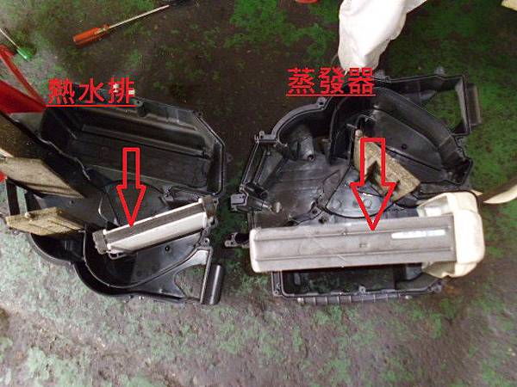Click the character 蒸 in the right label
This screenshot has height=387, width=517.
pos(301,81)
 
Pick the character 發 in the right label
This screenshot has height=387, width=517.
pos(331,81)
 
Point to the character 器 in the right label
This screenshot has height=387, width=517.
pos(360,81)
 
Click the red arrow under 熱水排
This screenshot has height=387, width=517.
pos(131,187)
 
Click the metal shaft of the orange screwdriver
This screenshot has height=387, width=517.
pos(139,15)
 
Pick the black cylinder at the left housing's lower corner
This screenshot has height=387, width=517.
pos(214,283)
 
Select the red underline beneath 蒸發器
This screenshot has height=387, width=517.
pos(331,95)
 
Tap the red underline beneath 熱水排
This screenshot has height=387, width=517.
pos(91,106)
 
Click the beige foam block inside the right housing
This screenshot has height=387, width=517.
pos(384,168)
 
